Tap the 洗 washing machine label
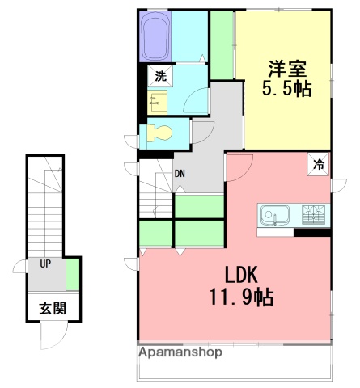coord(160,78)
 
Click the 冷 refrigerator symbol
coord(319,164)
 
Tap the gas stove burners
coord(313,215)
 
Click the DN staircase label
coord(180,174)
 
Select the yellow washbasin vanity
coord(159,102)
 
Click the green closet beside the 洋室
coord(222,46)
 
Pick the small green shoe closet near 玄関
coord(73,274)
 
